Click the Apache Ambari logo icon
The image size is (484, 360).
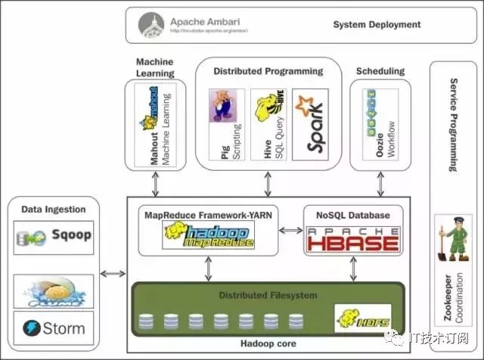click(152, 25)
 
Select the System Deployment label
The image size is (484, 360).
click(377, 25)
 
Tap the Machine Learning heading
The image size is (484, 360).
click(155, 67)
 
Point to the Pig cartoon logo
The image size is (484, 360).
click(221, 105)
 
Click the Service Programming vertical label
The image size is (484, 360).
click(454, 125)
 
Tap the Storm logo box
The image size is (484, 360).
click(53, 328)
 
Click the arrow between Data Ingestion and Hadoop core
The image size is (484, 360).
click(113, 272)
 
